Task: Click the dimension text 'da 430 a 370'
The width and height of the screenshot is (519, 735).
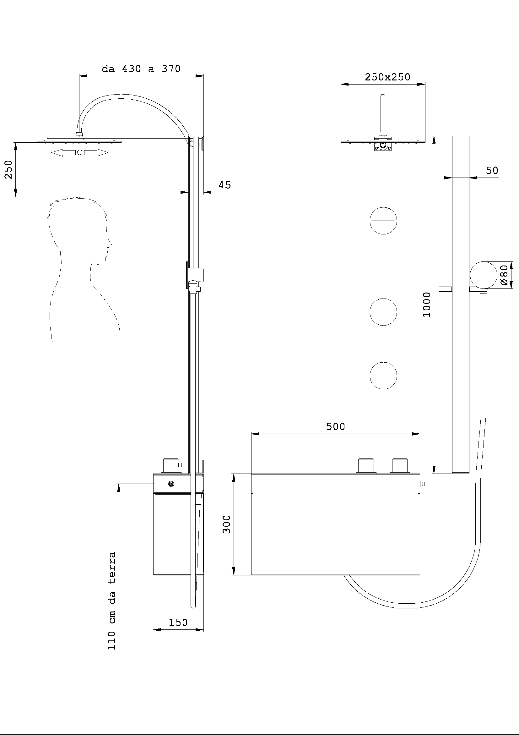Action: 141,69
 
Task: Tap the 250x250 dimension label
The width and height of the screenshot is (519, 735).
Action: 387,77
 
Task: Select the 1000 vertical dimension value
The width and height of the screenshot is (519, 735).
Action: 427,304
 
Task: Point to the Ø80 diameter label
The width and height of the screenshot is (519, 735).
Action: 504,275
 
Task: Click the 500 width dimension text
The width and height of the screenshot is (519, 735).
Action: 335,427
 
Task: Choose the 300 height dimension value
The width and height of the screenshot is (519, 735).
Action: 226,524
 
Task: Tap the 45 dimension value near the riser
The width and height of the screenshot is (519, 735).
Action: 224,185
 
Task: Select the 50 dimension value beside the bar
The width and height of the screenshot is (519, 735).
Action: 492,171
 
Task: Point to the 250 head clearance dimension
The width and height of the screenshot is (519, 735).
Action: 8,170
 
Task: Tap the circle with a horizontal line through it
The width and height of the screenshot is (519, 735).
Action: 383,221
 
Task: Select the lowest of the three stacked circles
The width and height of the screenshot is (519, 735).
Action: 383,376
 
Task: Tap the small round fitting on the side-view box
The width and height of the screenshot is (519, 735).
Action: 171,484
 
